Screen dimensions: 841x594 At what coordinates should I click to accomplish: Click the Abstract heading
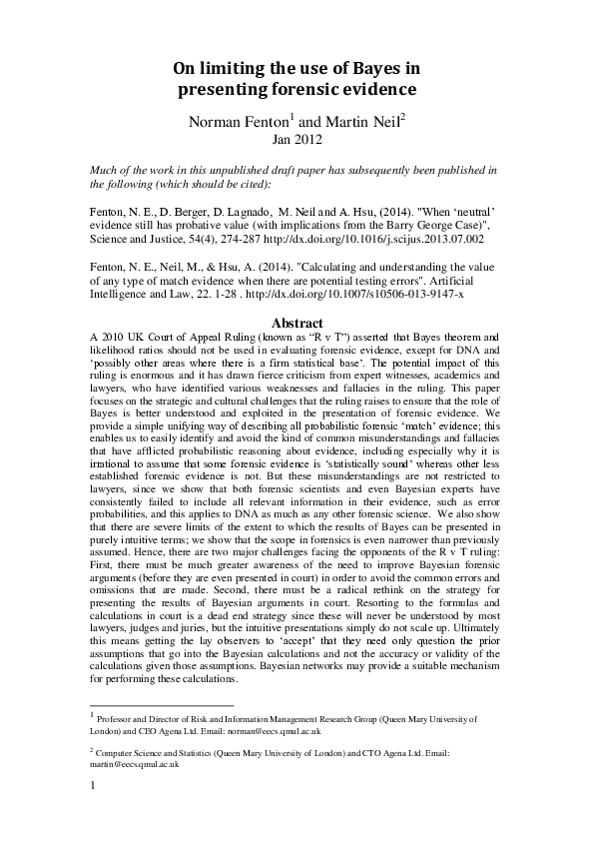pyautogui.click(x=297, y=323)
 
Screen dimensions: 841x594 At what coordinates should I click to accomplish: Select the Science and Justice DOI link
pyautogui.click(x=365, y=240)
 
